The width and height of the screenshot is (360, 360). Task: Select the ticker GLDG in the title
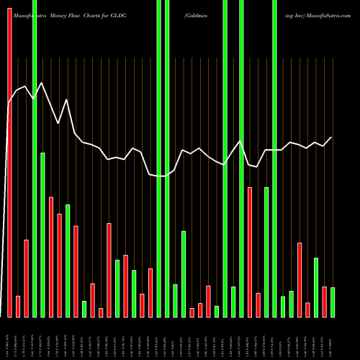click(117, 14)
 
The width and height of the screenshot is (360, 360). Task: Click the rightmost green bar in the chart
click(333, 302)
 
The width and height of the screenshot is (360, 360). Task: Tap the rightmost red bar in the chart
click(325, 302)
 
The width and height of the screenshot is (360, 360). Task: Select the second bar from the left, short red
click(18, 306)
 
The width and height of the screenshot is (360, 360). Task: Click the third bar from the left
click(27, 278)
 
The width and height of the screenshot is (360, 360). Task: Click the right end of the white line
click(332, 137)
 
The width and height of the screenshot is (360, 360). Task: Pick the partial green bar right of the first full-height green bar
click(42, 235)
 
